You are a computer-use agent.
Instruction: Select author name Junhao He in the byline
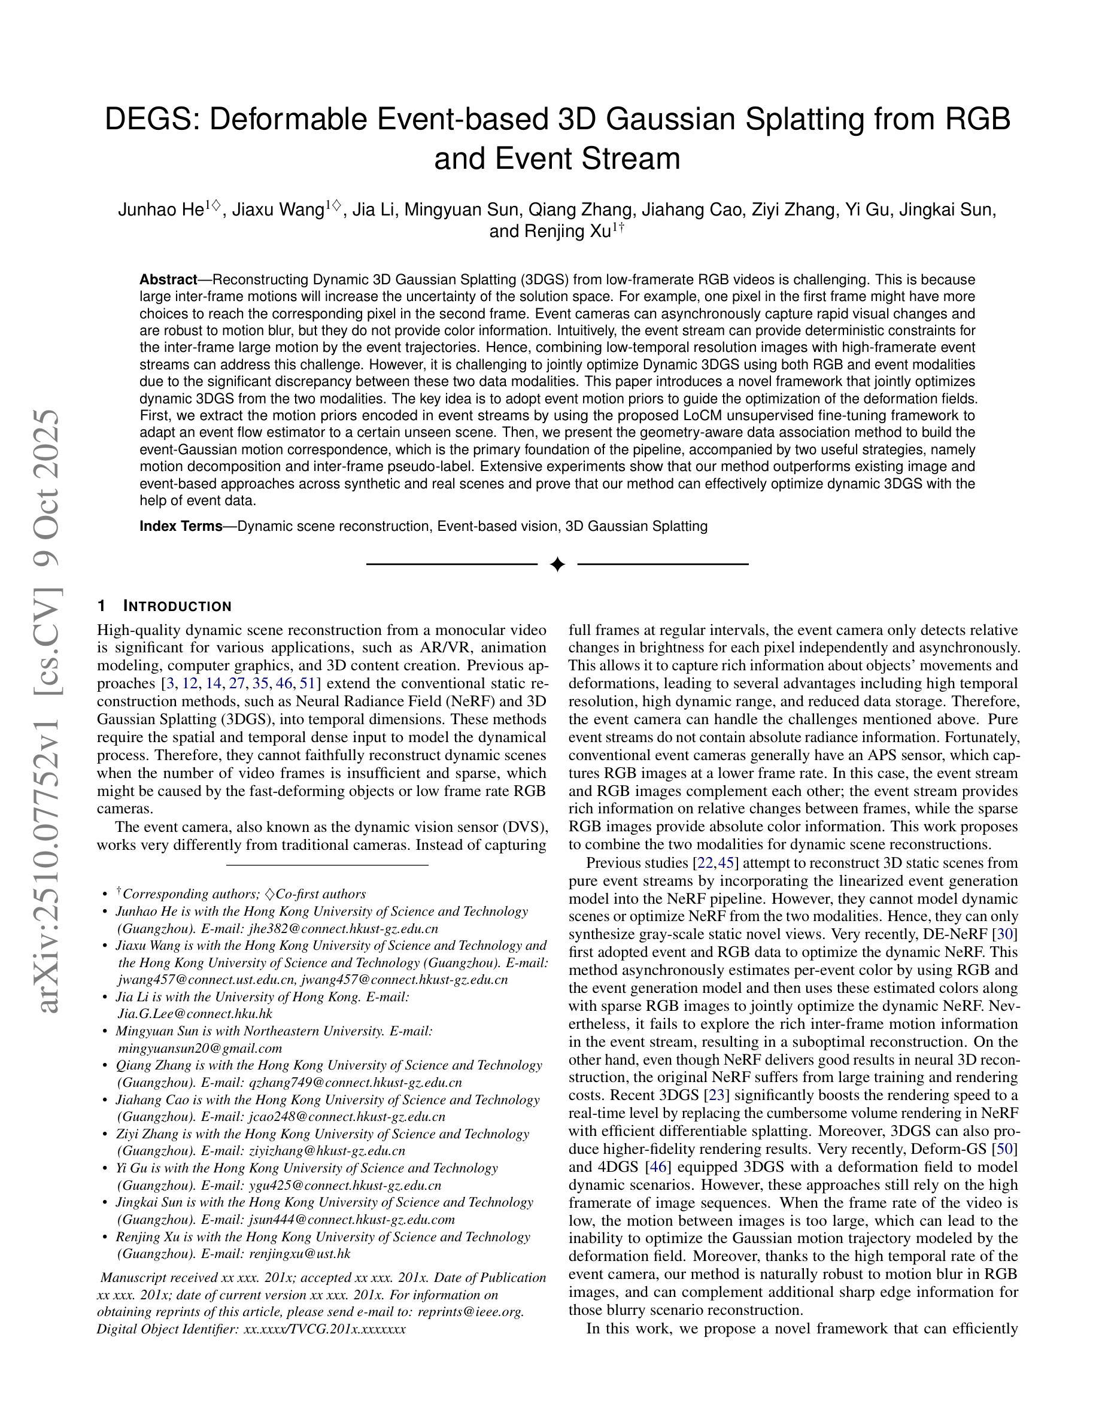pyautogui.click(x=160, y=209)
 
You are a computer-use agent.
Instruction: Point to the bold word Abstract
pyautogui.click(x=168, y=280)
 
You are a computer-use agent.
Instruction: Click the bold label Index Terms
pyautogui.click(x=181, y=526)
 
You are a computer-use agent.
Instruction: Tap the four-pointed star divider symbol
pyautogui.click(x=557, y=564)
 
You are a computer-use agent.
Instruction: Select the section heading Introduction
pyautogui.click(x=177, y=606)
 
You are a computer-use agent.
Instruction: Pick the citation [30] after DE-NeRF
pyautogui.click(x=1007, y=934)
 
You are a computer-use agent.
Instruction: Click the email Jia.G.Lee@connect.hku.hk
pyautogui.click(x=195, y=1014)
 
